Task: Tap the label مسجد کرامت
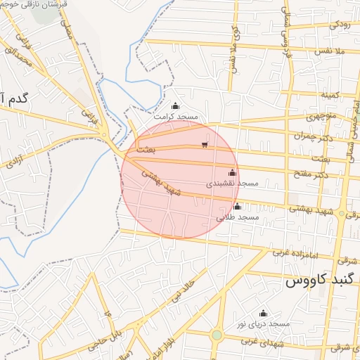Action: click(x=179, y=115)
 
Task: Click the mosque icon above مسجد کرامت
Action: click(x=176, y=106)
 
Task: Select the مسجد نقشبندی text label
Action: click(x=232, y=183)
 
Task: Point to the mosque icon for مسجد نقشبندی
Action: click(x=232, y=172)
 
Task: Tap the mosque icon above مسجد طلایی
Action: click(x=238, y=207)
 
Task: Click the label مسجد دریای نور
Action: click(x=263, y=323)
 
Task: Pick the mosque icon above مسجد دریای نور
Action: click(x=264, y=313)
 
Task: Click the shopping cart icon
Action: click(x=205, y=145)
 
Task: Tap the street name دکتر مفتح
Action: click(x=313, y=174)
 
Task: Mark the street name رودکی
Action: click(x=338, y=25)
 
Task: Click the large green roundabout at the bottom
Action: click(x=217, y=335)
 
